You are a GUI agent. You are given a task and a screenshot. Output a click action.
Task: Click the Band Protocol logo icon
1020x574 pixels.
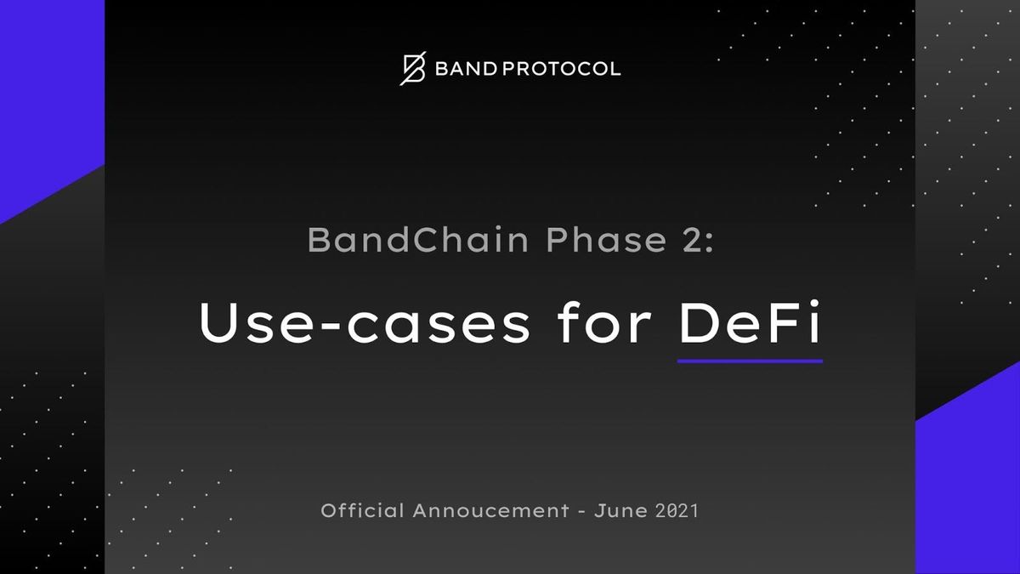click(412, 69)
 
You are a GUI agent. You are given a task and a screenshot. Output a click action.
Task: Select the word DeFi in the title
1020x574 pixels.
click(750, 324)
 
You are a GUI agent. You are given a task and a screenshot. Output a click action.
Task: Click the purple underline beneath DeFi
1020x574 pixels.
click(750, 361)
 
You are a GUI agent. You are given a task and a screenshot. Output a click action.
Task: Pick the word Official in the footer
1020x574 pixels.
click(362, 512)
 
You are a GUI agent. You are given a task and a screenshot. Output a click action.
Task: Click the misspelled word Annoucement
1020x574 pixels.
click(490, 512)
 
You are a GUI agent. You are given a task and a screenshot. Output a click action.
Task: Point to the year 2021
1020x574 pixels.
click(677, 512)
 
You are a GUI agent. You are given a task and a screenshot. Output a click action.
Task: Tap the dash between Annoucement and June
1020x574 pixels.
click(582, 513)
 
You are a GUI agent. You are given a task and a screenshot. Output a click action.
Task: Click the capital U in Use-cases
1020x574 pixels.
click(217, 324)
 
